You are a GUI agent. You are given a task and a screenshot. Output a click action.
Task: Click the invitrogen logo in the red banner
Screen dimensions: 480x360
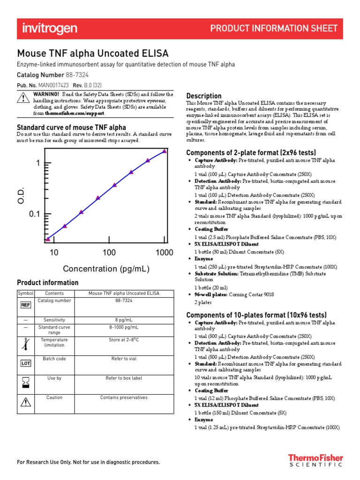50,29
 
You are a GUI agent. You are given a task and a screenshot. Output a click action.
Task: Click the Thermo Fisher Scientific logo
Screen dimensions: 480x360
315,460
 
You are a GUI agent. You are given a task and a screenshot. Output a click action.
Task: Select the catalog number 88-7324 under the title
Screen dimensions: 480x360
74,75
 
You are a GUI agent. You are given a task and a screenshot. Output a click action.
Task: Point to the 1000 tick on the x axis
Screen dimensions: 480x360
164,253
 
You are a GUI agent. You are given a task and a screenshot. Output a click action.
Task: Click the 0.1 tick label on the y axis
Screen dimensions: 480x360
35,215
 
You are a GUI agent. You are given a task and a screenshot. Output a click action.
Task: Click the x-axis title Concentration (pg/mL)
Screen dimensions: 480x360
106,269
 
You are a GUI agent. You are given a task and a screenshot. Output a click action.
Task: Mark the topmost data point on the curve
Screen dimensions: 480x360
164,151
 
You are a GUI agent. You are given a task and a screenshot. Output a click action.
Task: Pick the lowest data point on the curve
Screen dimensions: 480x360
47,240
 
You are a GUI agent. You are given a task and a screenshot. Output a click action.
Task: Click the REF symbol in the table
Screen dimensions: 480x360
25,305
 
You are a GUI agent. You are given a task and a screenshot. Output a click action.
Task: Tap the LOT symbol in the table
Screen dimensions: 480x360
25,363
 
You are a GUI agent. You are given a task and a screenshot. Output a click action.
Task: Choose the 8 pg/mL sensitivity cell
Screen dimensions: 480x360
124,320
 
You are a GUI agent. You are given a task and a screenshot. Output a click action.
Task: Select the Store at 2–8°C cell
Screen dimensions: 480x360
124,340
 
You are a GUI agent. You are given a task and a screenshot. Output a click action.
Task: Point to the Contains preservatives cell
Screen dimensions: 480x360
124,397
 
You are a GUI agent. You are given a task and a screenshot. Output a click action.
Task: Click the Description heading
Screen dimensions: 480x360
204,96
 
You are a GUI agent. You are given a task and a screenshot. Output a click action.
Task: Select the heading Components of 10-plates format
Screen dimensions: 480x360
256,315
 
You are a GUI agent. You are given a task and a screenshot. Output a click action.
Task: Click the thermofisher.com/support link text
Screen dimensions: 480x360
75,113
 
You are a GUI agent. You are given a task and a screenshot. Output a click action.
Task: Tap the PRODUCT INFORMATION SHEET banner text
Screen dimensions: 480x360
274,29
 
